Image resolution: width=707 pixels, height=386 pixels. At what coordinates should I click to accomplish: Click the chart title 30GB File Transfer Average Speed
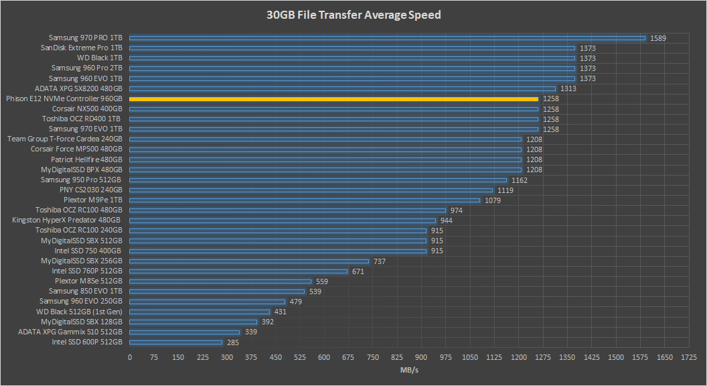pos(353,15)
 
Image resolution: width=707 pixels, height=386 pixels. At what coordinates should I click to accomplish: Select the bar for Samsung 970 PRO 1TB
pos(387,38)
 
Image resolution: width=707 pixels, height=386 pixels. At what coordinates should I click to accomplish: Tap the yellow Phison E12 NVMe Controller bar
pos(333,99)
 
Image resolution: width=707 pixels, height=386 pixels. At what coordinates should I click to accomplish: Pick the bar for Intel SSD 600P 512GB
pos(175,342)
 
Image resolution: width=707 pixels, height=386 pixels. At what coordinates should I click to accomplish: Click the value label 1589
pos(658,38)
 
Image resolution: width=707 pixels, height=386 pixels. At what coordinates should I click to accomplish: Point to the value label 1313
pos(568,88)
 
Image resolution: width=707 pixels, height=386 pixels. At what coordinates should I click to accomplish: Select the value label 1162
pos(520,180)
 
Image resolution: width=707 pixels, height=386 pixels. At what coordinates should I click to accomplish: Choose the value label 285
pos(234,342)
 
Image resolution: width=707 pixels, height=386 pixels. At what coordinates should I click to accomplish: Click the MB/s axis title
pos(408,369)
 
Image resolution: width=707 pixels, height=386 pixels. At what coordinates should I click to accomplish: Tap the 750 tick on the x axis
pos(373,358)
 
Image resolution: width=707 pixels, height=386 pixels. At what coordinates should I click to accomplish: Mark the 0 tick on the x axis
pos(130,358)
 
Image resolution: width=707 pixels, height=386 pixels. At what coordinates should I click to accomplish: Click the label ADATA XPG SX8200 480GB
pos(78,88)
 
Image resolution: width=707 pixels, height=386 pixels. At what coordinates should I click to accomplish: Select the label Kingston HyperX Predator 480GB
pos(67,220)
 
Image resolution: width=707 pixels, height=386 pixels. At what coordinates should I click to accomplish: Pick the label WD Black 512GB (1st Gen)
pos(79,312)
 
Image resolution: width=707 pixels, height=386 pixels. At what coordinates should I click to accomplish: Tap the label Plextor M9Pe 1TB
pos(93,200)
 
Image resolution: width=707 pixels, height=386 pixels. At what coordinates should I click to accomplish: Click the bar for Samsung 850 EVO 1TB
pos(217,292)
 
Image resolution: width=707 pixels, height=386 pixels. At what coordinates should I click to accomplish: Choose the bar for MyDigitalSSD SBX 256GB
pos(249,261)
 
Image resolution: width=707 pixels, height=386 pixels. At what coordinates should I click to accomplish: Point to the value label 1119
pos(505,190)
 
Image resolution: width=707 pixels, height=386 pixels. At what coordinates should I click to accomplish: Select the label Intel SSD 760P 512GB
pos(87,271)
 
